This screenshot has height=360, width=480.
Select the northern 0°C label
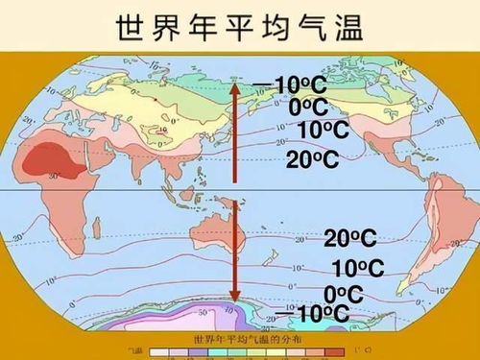[308, 108]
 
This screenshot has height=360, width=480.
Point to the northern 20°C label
[313, 159]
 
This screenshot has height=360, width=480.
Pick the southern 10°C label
[357, 269]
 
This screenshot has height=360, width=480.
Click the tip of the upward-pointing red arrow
[233, 77]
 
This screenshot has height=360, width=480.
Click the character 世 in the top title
[132, 27]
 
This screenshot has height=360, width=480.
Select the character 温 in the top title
[346, 27]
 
